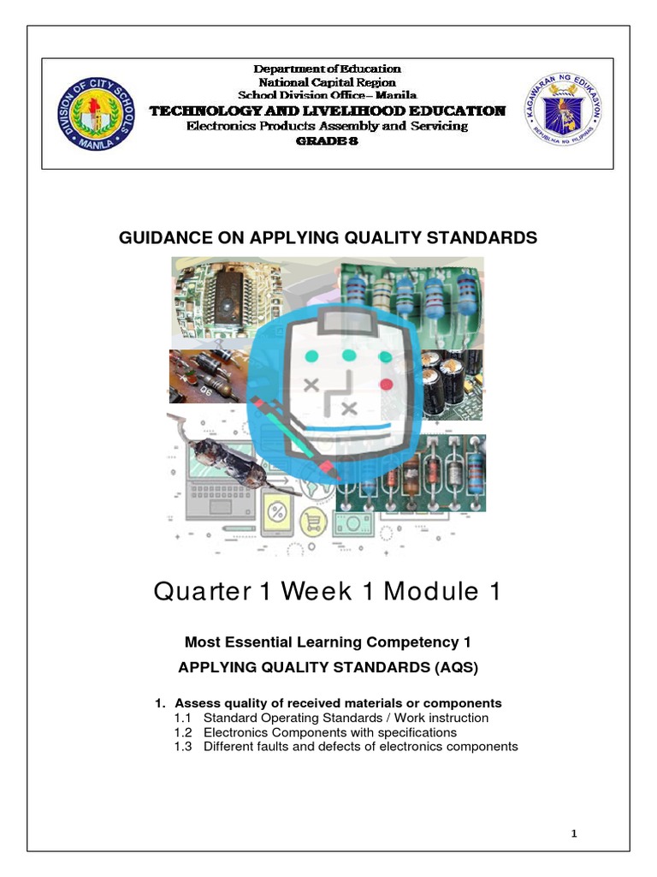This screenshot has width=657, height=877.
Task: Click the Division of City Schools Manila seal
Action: click(x=96, y=114)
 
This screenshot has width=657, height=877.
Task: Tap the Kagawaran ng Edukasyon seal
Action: click(x=560, y=109)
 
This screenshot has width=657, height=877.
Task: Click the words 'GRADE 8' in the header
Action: click(x=327, y=141)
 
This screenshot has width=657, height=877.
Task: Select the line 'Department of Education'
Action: click(x=328, y=69)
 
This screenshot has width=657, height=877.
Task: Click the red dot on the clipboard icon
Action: click(x=385, y=384)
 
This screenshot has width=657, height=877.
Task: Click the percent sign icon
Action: click(x=278, y=514)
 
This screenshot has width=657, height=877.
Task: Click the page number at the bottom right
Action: click(x=575, y=833)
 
